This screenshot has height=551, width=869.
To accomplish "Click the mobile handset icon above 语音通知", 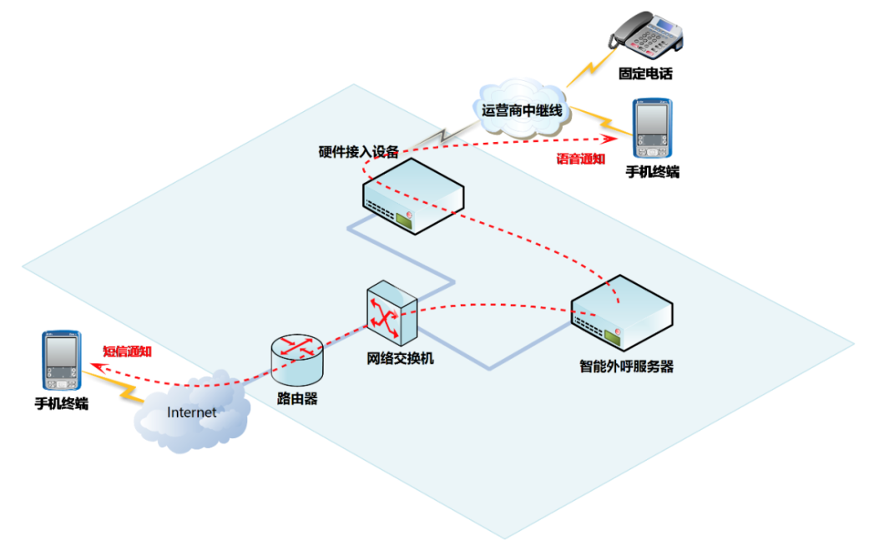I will (652, 129).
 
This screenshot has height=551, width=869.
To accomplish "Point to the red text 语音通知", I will (581, 159).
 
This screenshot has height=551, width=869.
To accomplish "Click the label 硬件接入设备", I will (359, 152).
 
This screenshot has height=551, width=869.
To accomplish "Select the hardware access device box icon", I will (413, 197).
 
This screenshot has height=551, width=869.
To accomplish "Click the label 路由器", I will (297, 399).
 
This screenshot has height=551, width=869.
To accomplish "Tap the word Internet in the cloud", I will (191, 412).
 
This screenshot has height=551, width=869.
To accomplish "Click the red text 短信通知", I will (127, 351).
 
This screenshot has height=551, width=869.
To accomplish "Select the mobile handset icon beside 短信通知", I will (62, 361).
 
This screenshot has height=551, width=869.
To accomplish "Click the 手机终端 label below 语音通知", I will (652, 172).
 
